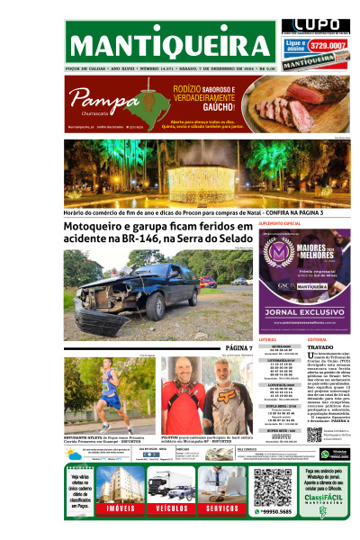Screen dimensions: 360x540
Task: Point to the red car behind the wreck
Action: click(207, 282)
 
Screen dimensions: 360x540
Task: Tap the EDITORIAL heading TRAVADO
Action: click(320, 346)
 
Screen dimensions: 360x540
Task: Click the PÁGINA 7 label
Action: click(239, 347)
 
